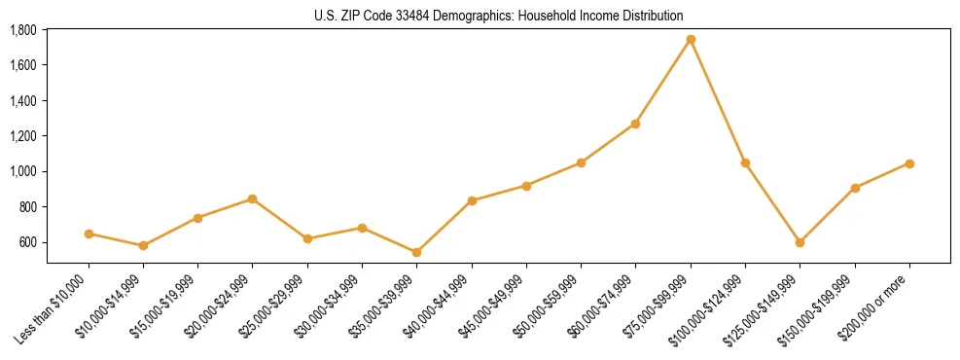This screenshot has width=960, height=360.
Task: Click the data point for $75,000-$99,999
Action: click(x=691, y=40)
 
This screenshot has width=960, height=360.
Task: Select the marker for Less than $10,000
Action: click(x=89, y=234)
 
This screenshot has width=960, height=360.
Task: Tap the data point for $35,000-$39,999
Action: click(x=416, y=252)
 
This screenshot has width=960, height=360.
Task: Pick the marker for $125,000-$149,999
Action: click(x=800, y=242)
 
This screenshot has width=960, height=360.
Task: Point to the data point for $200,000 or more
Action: click(x=909, y=163)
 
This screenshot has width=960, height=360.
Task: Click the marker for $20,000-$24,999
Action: click(x=253, y=198)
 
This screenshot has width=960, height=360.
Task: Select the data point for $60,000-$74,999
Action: click(x=635, y=124)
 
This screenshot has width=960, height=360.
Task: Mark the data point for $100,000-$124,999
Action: click(x=745, y=162)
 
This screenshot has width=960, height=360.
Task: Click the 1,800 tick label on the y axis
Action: click(x=23, y=30)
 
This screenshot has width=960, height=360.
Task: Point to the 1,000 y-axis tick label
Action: click(x=23, y=171)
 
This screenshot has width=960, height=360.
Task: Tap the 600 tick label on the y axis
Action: click(x=28, y=242)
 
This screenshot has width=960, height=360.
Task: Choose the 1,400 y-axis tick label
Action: click(x=23, y=101)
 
